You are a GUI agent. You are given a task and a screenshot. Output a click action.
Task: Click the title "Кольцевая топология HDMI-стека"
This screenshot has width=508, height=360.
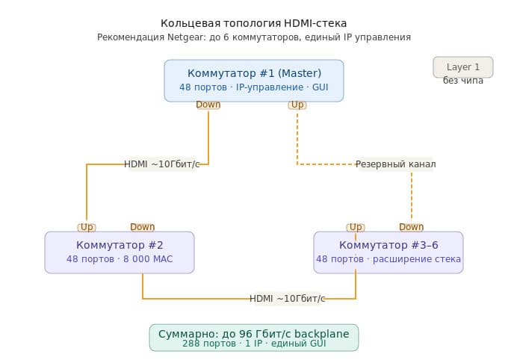point(254,23)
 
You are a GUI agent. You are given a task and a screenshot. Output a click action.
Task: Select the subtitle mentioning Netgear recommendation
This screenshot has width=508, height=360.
point(254,37)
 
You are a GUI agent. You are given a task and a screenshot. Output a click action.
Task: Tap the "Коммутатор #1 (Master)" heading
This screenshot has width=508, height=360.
point(254,73)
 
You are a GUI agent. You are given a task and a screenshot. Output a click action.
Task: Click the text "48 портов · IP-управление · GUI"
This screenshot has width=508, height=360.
point(254,87)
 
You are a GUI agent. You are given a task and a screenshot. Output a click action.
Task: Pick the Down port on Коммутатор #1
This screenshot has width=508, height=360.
point(208,105)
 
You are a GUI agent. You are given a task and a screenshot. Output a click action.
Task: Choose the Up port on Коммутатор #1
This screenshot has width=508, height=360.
point(297,105)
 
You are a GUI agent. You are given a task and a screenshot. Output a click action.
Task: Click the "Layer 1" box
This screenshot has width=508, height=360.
point(463,67)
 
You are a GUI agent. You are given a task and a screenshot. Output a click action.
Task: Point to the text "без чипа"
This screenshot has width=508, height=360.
point(463,81)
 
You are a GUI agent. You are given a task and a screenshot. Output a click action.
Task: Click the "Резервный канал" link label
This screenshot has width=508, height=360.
point(395,164)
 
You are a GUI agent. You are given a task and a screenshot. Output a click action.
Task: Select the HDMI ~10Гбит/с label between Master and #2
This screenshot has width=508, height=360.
point(161,164)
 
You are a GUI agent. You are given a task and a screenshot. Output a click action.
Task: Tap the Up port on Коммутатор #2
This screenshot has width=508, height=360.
point(87,227)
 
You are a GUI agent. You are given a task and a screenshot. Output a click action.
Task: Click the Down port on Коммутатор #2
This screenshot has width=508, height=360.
point(142,227)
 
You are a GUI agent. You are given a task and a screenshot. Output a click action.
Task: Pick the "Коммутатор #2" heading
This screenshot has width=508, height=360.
point(120,245)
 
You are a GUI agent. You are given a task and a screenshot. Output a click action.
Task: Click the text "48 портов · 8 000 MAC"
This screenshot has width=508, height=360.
point(120,259)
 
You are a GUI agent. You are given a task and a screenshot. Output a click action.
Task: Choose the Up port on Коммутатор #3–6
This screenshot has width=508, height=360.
point(356,227)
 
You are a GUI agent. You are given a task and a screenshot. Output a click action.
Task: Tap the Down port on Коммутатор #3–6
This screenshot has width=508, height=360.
point(411,227)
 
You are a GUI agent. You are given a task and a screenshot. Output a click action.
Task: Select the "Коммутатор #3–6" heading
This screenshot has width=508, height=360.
point(388,245)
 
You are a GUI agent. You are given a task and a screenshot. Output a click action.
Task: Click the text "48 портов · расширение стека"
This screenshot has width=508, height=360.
point(388,259)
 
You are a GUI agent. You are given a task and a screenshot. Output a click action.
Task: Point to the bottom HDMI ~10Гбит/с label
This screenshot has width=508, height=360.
point(288,299)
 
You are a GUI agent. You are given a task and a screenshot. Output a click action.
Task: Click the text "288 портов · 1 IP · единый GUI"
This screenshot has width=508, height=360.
point(254,344)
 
